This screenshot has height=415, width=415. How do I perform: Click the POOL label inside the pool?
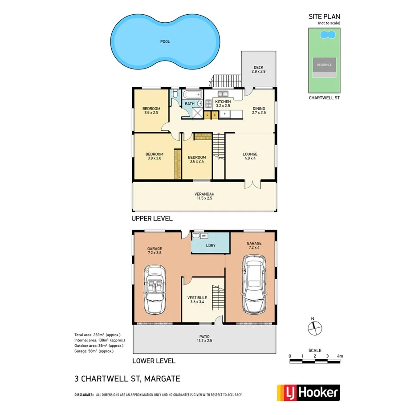pyautogui.click(x=165, y=41)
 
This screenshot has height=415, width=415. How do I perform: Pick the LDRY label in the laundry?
pyautogui.click(x=210, y=245)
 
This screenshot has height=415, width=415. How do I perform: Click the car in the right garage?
pyautogui.click(x=252, y=284)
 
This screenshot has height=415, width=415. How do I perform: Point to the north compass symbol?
pyautogui.click(x=314, y=327)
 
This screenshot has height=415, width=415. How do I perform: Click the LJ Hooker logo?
pyautogui.click(x=308, y=393)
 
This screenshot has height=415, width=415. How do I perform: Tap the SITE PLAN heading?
pyautogui.click(x=324, y=16)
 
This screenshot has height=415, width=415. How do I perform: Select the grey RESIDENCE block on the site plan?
pyautogui.click(x=324, y=65)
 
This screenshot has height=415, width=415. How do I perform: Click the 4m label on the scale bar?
pyautogui.click(x=340, y=356)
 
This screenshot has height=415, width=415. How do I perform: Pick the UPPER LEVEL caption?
pyautogui.click(x=152, y=219)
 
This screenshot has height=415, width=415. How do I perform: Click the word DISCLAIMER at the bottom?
pyautogui.click(x=84, y=395)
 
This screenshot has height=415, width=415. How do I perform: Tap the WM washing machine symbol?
pyautogui.click(x=204, y=235)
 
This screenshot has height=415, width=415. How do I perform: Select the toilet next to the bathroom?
pyautogui.click(x=176, y=95)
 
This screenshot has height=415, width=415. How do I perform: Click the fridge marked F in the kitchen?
pyautogui.click(x=225, y=114)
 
